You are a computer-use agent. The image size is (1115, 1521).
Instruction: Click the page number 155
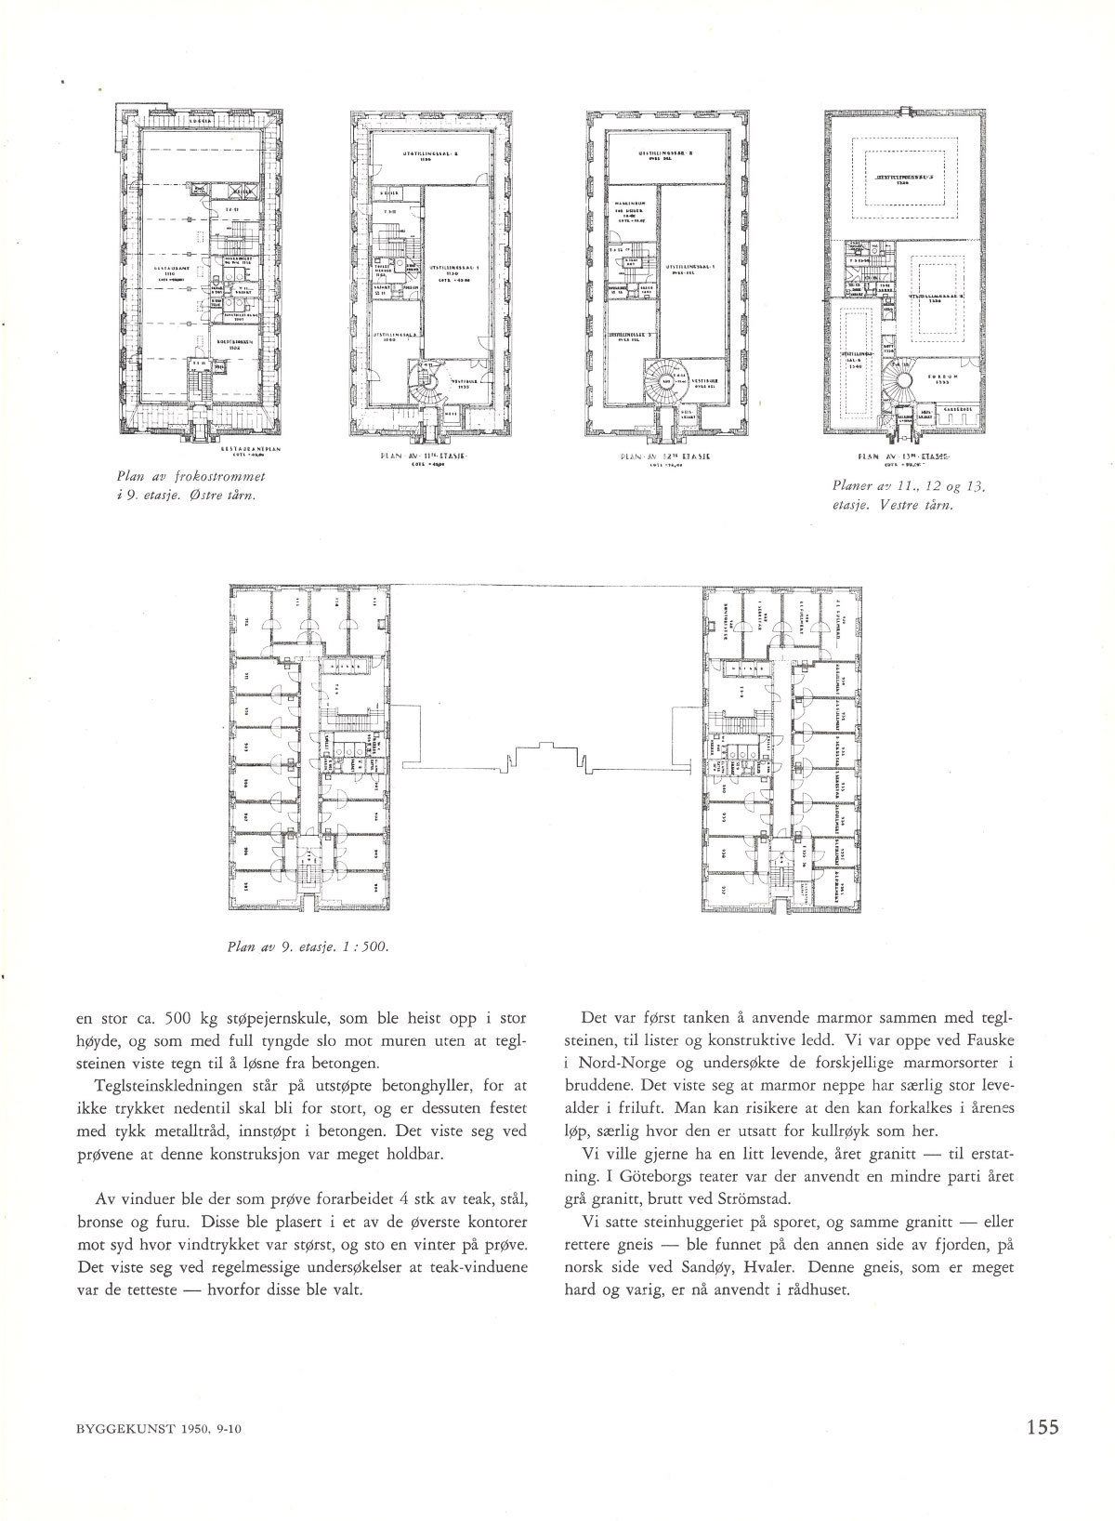tap(1043, 1452)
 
